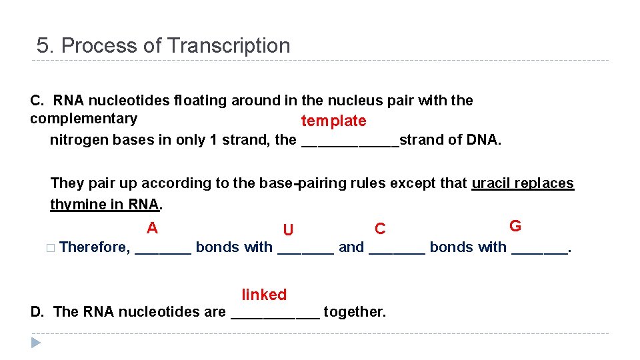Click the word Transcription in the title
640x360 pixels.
(229, 46)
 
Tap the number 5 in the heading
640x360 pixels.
(43, 46)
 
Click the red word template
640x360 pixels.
(333, 121)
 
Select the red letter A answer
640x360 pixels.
(152, 228)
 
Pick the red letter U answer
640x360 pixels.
(288, 231)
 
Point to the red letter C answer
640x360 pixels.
(380, 229)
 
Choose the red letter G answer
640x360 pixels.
(515, 226)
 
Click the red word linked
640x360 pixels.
(264, 295)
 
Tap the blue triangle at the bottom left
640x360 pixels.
(36, 343)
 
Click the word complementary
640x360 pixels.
(83, 119)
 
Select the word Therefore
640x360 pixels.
(94, 247)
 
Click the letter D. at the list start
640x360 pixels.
(38, 311)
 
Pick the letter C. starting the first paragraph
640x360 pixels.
(37, 101)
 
